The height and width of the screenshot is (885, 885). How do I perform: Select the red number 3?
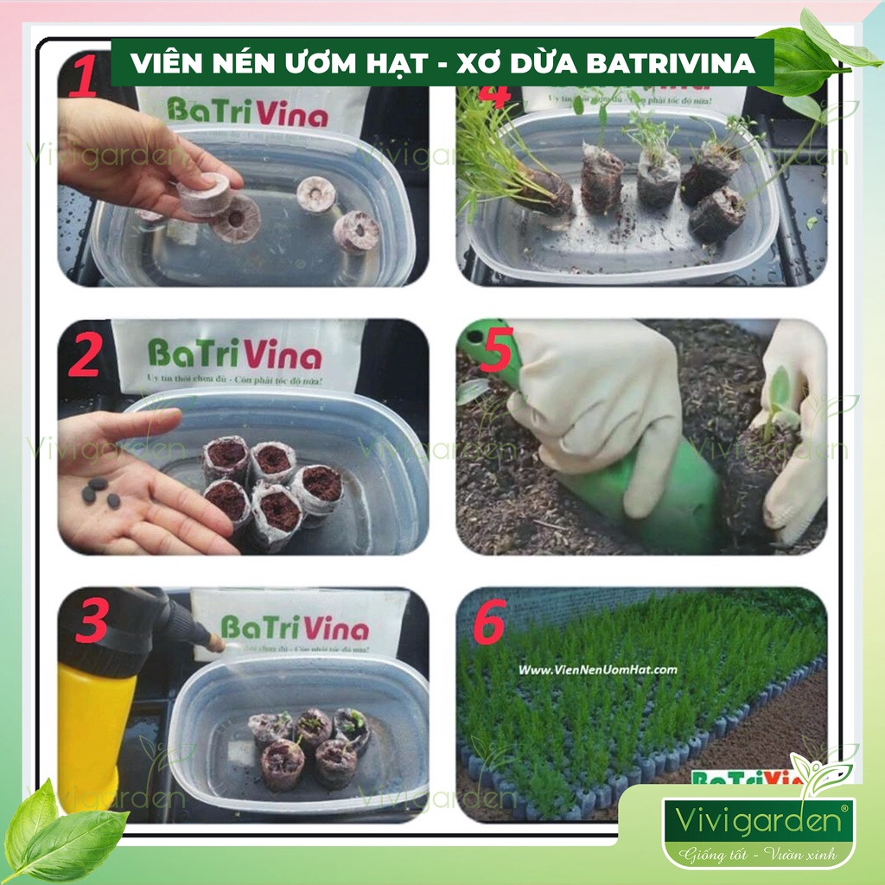(92, 622)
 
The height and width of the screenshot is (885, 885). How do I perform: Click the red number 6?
(489, 626)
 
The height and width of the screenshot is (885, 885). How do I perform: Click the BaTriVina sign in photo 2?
(234, 354)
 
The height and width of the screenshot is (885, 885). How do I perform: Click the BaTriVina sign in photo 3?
(294, 627)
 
